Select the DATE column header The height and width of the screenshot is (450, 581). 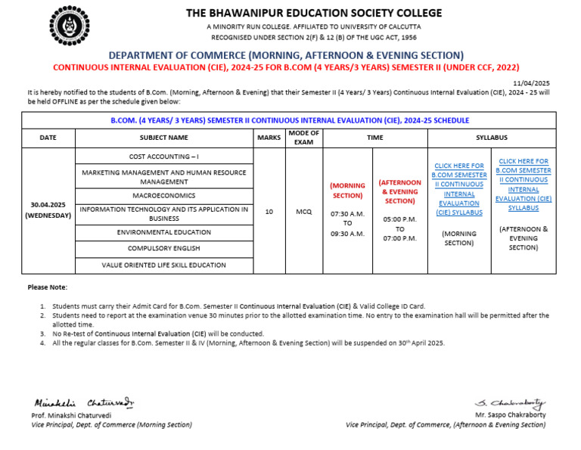pyautogui.click(x=48, y=138)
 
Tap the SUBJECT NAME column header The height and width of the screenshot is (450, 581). pyautogui.click(x=164, y=138)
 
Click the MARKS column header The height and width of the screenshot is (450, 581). pyautogui.click(x=269, y=138)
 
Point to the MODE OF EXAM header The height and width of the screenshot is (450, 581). pyautogui.click(x=303, y=138)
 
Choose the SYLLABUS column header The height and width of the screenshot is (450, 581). pyautogui.click(x=491, y=138)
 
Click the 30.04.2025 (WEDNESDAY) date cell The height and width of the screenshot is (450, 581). pyautogui.click(x=48, y=209)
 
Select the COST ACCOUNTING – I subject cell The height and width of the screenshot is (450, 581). pyautogui.click(x=164, y=156)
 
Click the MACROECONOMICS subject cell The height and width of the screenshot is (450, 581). pyautogui.click(x=164, y=195)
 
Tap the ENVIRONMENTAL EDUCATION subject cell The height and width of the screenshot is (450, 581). pyautogui.click(x=164, y=232)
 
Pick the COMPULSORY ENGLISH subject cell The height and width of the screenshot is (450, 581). pyautogui.click(x=164, y=248)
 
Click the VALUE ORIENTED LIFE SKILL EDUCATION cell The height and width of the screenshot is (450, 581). pyautogui.click(x=164, y=265)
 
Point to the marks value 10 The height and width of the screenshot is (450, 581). pyautogui.click(x=269, y=213)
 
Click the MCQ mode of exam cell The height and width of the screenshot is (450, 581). pyautogui.click(x=303, y=213)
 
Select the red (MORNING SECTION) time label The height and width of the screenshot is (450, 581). pyautogui.click(x=347, y=191)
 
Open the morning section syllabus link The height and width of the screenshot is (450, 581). pyautogui.click(x=459, y=189)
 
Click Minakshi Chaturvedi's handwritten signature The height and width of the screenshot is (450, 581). pyautogui.click(x=83, y=403)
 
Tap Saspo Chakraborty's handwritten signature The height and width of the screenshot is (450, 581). pyautogui.click(x=509, y=404)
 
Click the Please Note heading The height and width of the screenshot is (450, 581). pyautogui.click(x=47, y=287)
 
